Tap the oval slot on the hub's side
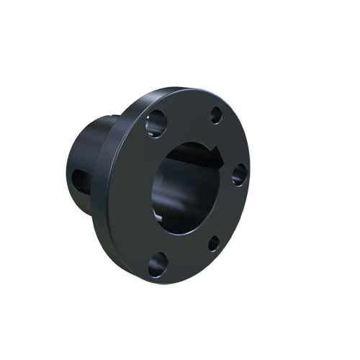click(77, 177)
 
